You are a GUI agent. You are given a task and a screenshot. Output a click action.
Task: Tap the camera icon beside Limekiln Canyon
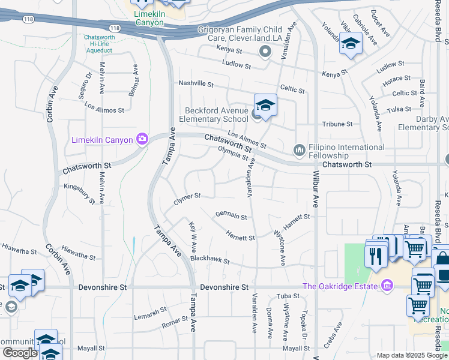coord(142,140)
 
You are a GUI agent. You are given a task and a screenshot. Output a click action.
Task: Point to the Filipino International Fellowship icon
coord(299,149)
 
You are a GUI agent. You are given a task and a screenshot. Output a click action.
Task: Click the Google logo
coord(20,353)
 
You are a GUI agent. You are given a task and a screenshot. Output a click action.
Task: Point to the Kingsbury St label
coord(80,194)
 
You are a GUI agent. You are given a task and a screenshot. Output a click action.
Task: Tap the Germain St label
coord(231,216)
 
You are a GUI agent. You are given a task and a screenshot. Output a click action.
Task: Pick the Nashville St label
coord(196,84)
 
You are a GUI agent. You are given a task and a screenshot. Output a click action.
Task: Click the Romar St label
coord(175,325)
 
